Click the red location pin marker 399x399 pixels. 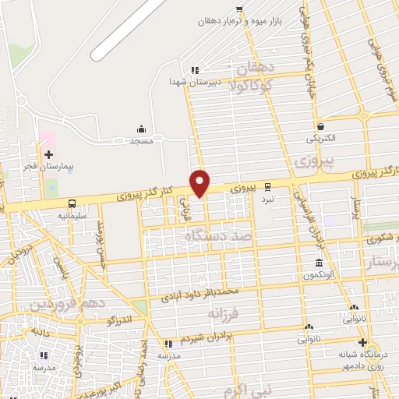201,182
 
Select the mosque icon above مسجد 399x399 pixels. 141,129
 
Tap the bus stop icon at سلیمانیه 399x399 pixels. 72,201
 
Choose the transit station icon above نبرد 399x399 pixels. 268,187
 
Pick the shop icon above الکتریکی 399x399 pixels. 320,126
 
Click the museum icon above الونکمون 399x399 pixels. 318,263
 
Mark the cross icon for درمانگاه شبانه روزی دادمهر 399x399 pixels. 362,342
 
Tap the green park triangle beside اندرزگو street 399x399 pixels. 139,306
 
